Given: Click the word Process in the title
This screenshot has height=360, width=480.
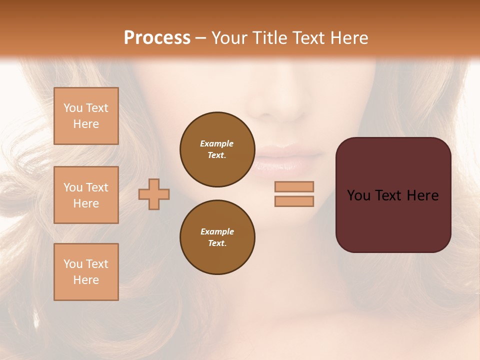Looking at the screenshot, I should (x=157, y=38).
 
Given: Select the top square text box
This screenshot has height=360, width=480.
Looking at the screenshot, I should (x=86, y=116).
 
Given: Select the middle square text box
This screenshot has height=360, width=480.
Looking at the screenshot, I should (x=86, y=195).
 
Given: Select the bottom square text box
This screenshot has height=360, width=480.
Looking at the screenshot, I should (x=86, y=272).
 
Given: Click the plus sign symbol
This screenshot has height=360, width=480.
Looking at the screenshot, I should (x=154, y=194).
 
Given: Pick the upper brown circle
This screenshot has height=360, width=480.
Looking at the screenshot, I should (x=217, y=149).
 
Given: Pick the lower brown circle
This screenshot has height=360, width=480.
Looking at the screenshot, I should (x=217, y=237).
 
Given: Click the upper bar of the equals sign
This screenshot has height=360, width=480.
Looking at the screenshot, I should (x=294, y=186).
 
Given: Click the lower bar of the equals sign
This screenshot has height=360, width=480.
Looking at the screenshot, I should (x=294, y=201).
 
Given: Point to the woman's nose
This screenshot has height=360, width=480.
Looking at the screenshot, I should (x=277, y=100).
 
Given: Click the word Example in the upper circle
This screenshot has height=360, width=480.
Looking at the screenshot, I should (x=217, y=143).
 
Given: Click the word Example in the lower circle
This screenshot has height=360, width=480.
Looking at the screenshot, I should (x=217, y=231).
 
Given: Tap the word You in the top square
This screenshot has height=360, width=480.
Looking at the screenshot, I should (x=72, y=108).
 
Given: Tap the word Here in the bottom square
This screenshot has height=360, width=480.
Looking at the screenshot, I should (x=86, y=280).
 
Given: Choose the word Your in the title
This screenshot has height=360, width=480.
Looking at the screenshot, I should (x=227, y=38).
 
